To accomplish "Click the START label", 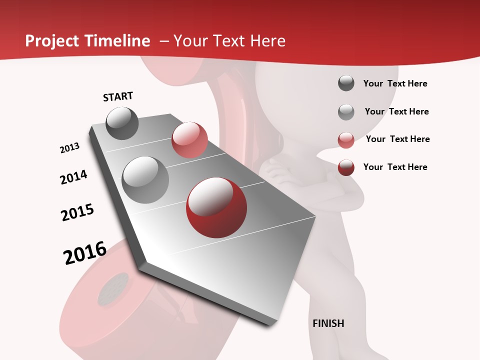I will coord(118,96).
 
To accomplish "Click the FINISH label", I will coord(328,323).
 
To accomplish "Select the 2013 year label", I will coord(70,148).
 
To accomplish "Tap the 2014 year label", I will coord(74,177).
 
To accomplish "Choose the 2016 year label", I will coord(85,253).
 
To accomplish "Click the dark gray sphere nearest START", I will coord(122,123).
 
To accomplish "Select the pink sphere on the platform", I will coord(189,139).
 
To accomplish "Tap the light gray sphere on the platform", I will coord(145,180).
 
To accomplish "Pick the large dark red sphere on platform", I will coord(216,207).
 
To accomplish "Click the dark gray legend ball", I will coord(346,83).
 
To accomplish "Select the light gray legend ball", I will coord(346,112).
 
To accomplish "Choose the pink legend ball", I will coord(346,140).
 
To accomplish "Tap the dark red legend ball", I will coord(346,167).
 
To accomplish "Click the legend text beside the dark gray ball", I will coord(395,83).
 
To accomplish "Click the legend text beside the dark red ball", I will coord(395,167).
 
